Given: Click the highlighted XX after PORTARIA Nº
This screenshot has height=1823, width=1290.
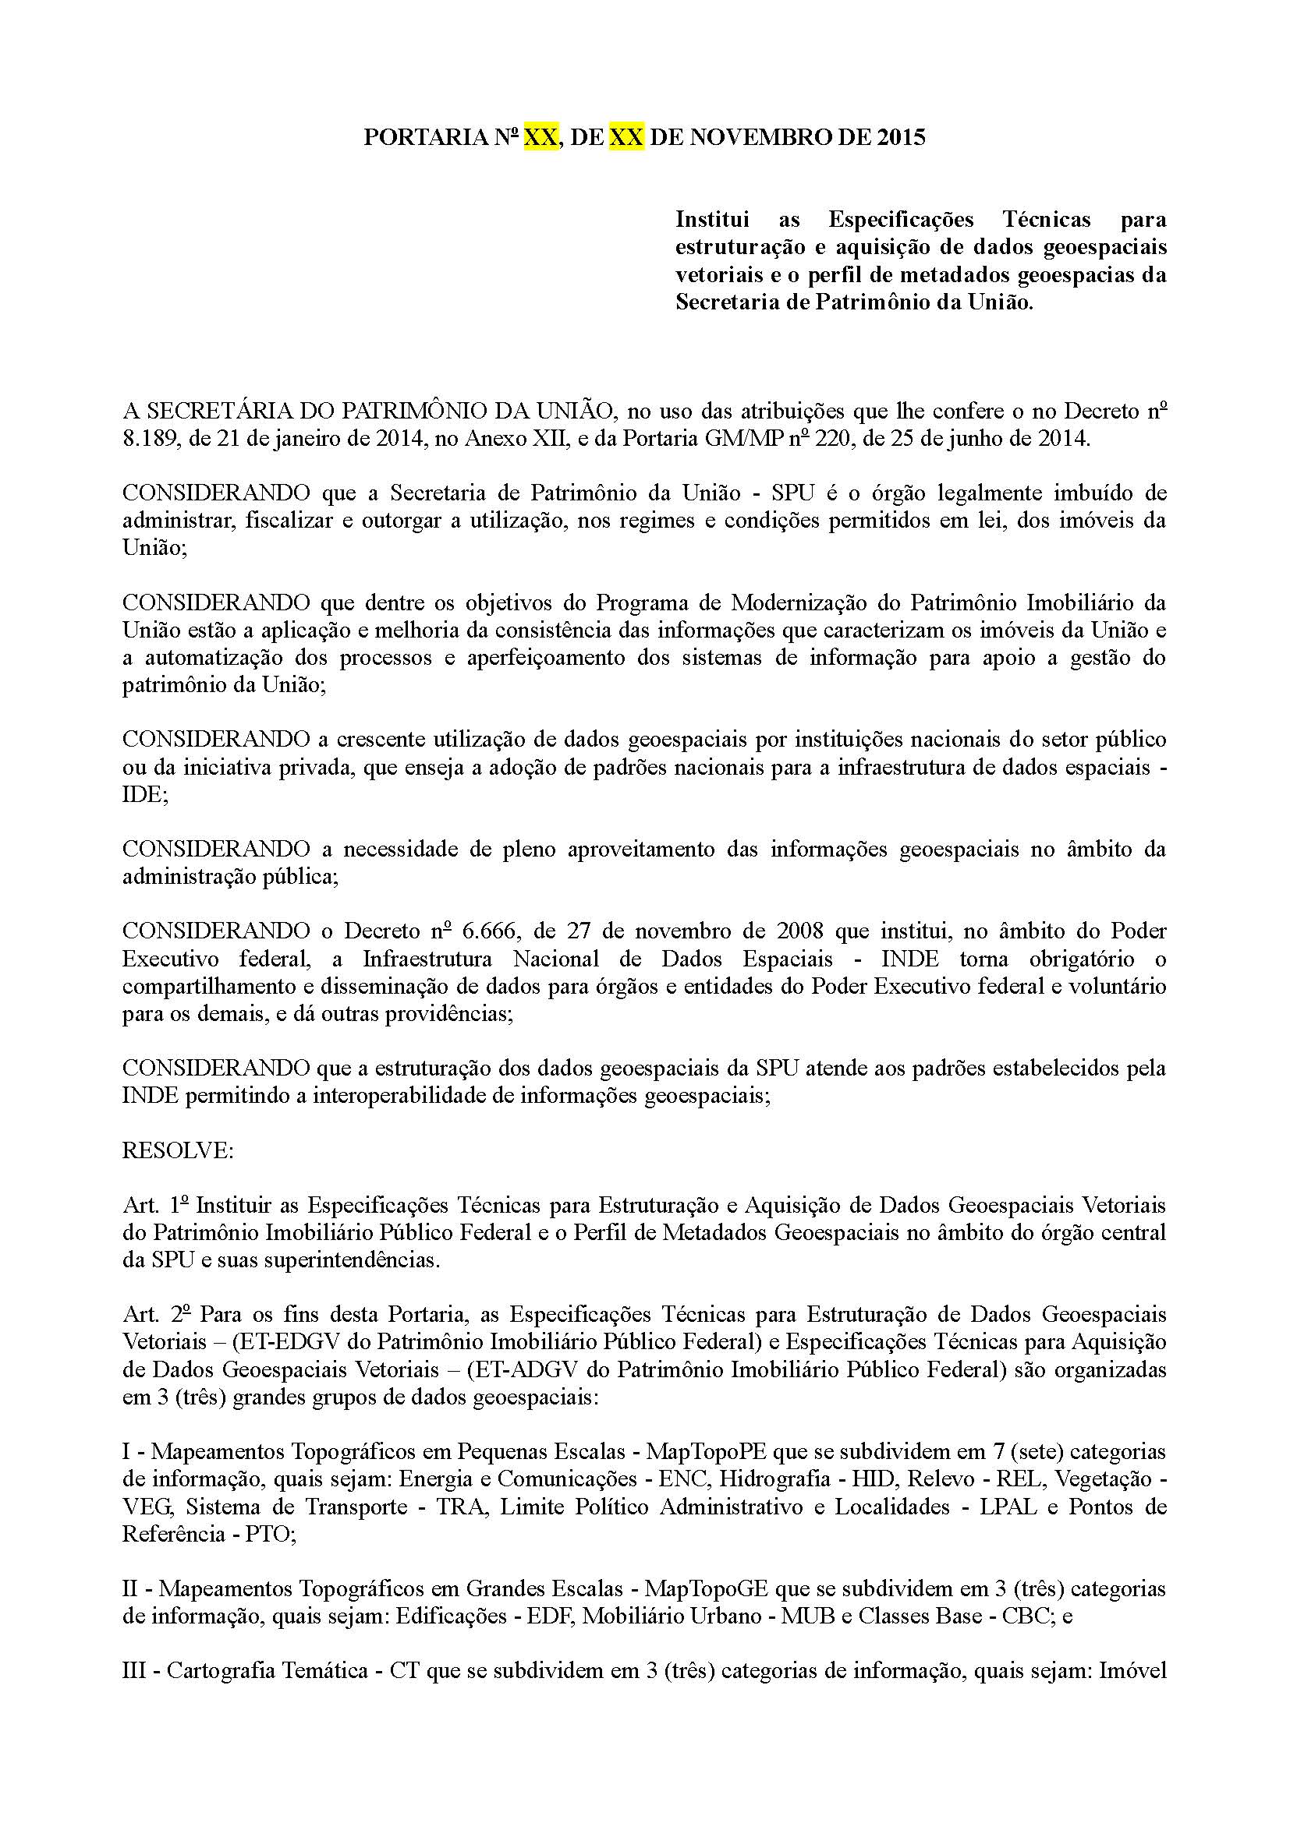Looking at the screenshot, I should tap(540, 137).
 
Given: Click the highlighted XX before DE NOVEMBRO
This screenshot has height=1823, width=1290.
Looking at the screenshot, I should tap(626, 137).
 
